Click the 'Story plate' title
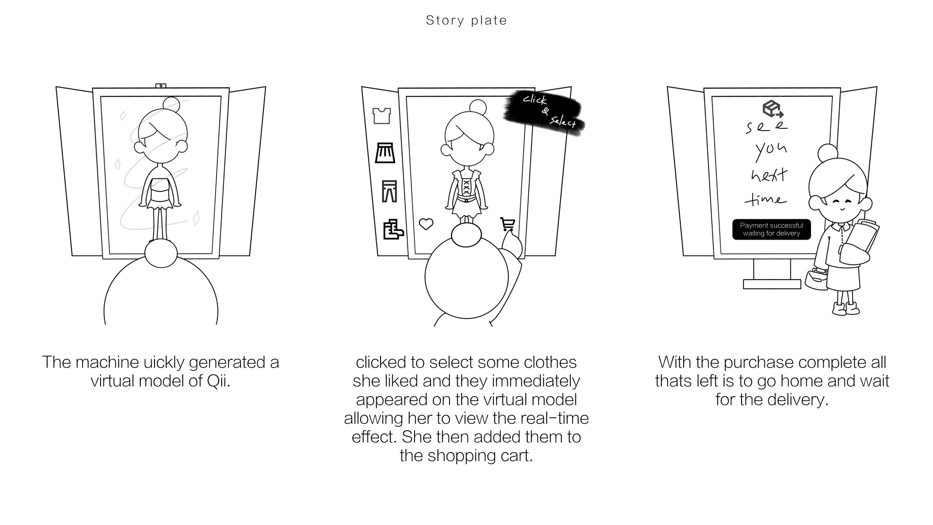pos(466,20)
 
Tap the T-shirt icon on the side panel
pos(381,116)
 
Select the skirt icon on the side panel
pos(385,153)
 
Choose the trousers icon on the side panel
pos(389,191)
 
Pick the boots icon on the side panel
pos(393,229)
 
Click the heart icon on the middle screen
pos(426,224)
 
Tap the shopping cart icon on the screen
pos(507,224)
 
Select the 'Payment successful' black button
pos(771,229)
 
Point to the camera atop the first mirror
pos(161,86)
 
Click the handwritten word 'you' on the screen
pos(770,150)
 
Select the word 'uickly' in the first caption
pos(164,363)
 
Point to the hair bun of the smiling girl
pos(828,153)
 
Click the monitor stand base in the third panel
pos(772,284)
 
